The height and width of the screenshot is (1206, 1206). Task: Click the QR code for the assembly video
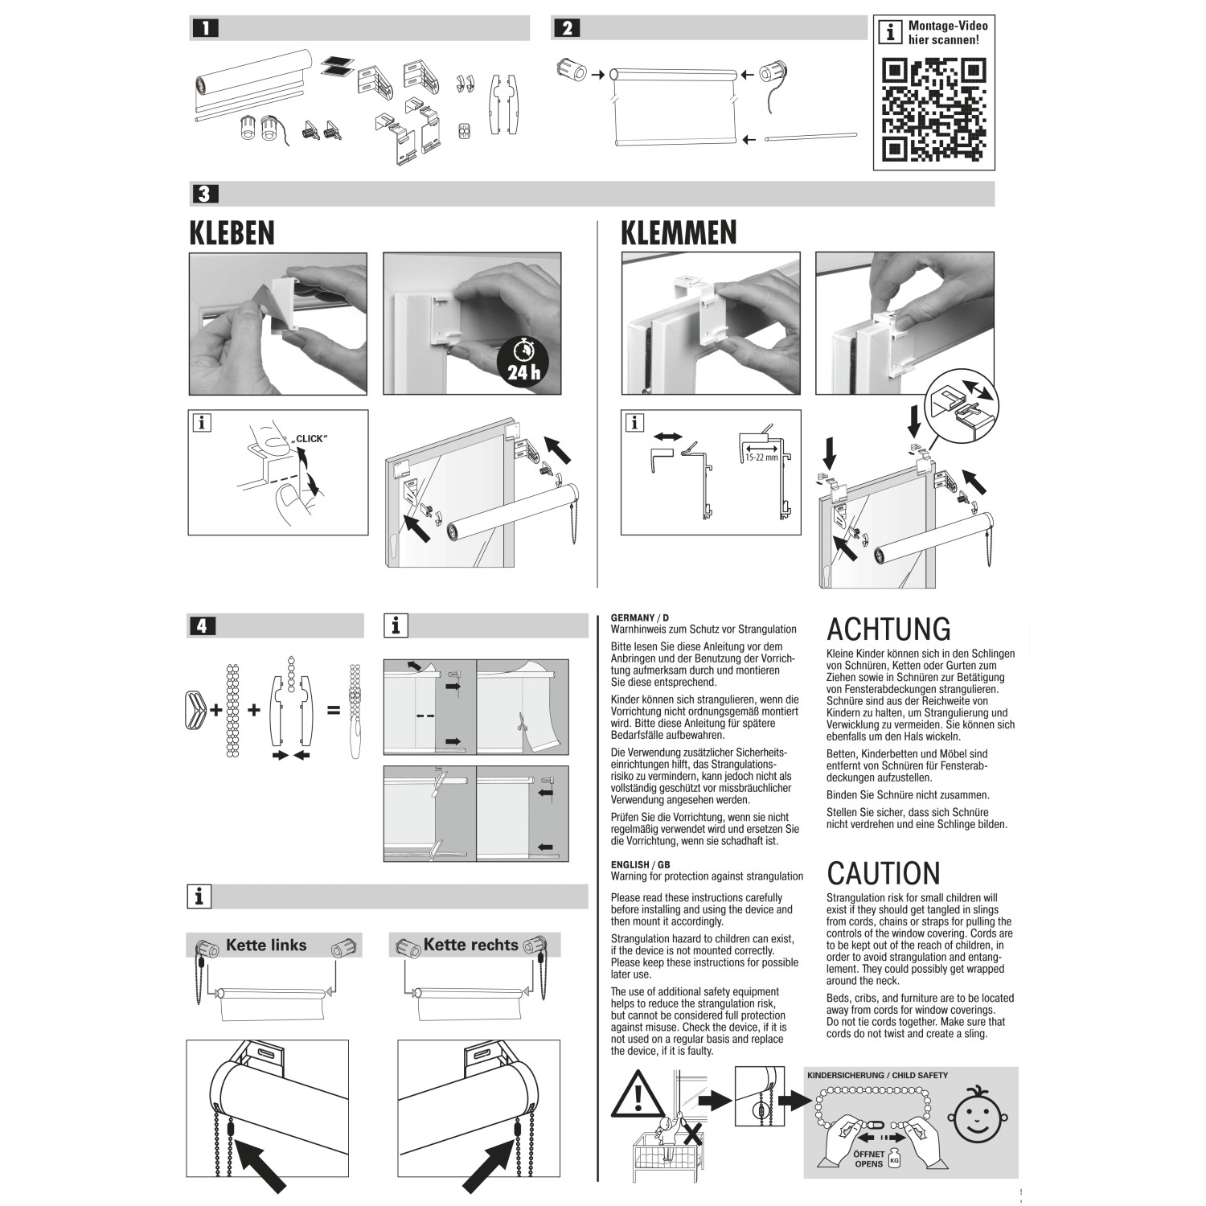pyautogui.click(x=933, y=110)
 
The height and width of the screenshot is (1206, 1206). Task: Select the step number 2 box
pyautogui.click(x=567, y=28)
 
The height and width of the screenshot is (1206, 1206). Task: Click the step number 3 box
pyautogui.click(x=204, y=194)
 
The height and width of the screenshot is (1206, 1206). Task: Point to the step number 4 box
pyautogui.click(x=202, y=625)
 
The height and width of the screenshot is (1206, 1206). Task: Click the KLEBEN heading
pyautogui.click(x=232, y=233)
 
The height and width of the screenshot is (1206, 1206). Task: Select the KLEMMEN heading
pyautogui.click(x=679, y=232)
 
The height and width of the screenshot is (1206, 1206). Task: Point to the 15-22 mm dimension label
pyautogui.click(x=759, y=457)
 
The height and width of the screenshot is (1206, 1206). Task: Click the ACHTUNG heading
pyautogui.click(x=888, y=629)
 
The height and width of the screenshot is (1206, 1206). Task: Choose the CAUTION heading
pyautogui.click(x=883, y=873)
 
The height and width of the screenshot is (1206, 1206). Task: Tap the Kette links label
pyautogui.click(x=266, y=946)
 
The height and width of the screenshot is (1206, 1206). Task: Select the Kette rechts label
pyautogui.click(x=470, y=946)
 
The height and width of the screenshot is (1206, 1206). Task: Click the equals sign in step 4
pyautogui.click(x=333, y=711)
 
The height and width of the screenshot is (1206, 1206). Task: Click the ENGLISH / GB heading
pyautogui.click(x=640, y=864)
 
